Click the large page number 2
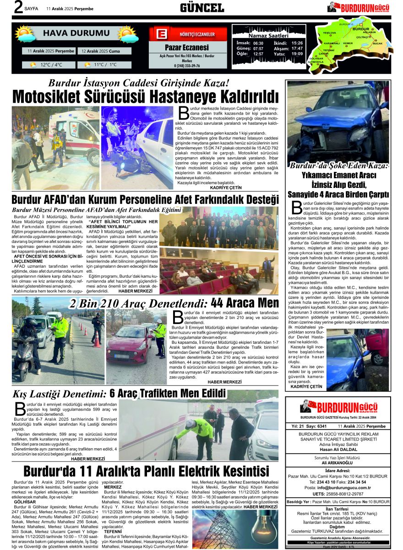(x=18, y=8)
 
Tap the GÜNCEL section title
(x=202, y=8)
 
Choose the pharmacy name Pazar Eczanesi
(x=187, y=48)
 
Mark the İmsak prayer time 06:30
(x=258, y=43)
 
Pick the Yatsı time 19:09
(x=297, y=54)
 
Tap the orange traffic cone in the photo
(x=97, y=338)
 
